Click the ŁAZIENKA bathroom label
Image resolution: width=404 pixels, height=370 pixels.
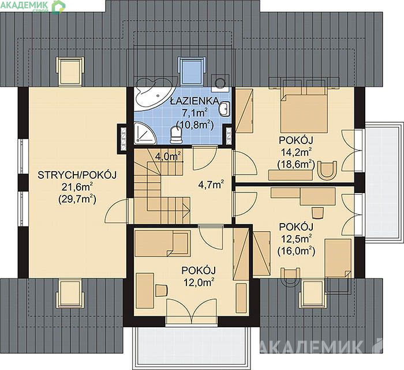pyautogui.click(x=195, y=101)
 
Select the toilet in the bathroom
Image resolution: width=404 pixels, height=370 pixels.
pyautogui.click(x=176, y=135)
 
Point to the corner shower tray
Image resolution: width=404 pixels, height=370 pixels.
pyautogui.click(x=144, y=133)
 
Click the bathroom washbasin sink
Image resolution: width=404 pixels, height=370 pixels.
pyautogui.click(x=225, y=109)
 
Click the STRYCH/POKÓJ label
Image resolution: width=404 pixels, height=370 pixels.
pyautogui.click(x=77, y=175)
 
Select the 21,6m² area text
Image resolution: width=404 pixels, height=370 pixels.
pyautogui.click(x=77, y=187)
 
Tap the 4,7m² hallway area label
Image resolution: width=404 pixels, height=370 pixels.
pyautogui.click(x=211, y=184)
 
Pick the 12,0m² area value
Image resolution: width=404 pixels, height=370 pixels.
pyautogui.click(x=199, y=282)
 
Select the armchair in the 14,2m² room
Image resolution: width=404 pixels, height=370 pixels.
pyautogui.click(x=327, y=169)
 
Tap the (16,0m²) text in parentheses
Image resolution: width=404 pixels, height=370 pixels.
pyautogui.click(x=296, y=251)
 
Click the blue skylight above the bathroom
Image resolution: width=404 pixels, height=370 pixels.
pyautogui.click(x=192, y=71)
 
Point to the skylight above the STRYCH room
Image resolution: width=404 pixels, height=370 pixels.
pyautogui.click(x=70, y=71)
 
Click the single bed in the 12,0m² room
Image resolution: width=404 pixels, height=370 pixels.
pyautogui.click(x=163, y=243)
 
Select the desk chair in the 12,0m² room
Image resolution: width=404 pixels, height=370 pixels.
pyautogui.click(x=161, y=290)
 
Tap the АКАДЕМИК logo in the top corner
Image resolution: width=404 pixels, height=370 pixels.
pyautogui.click(x=25, y=5)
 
